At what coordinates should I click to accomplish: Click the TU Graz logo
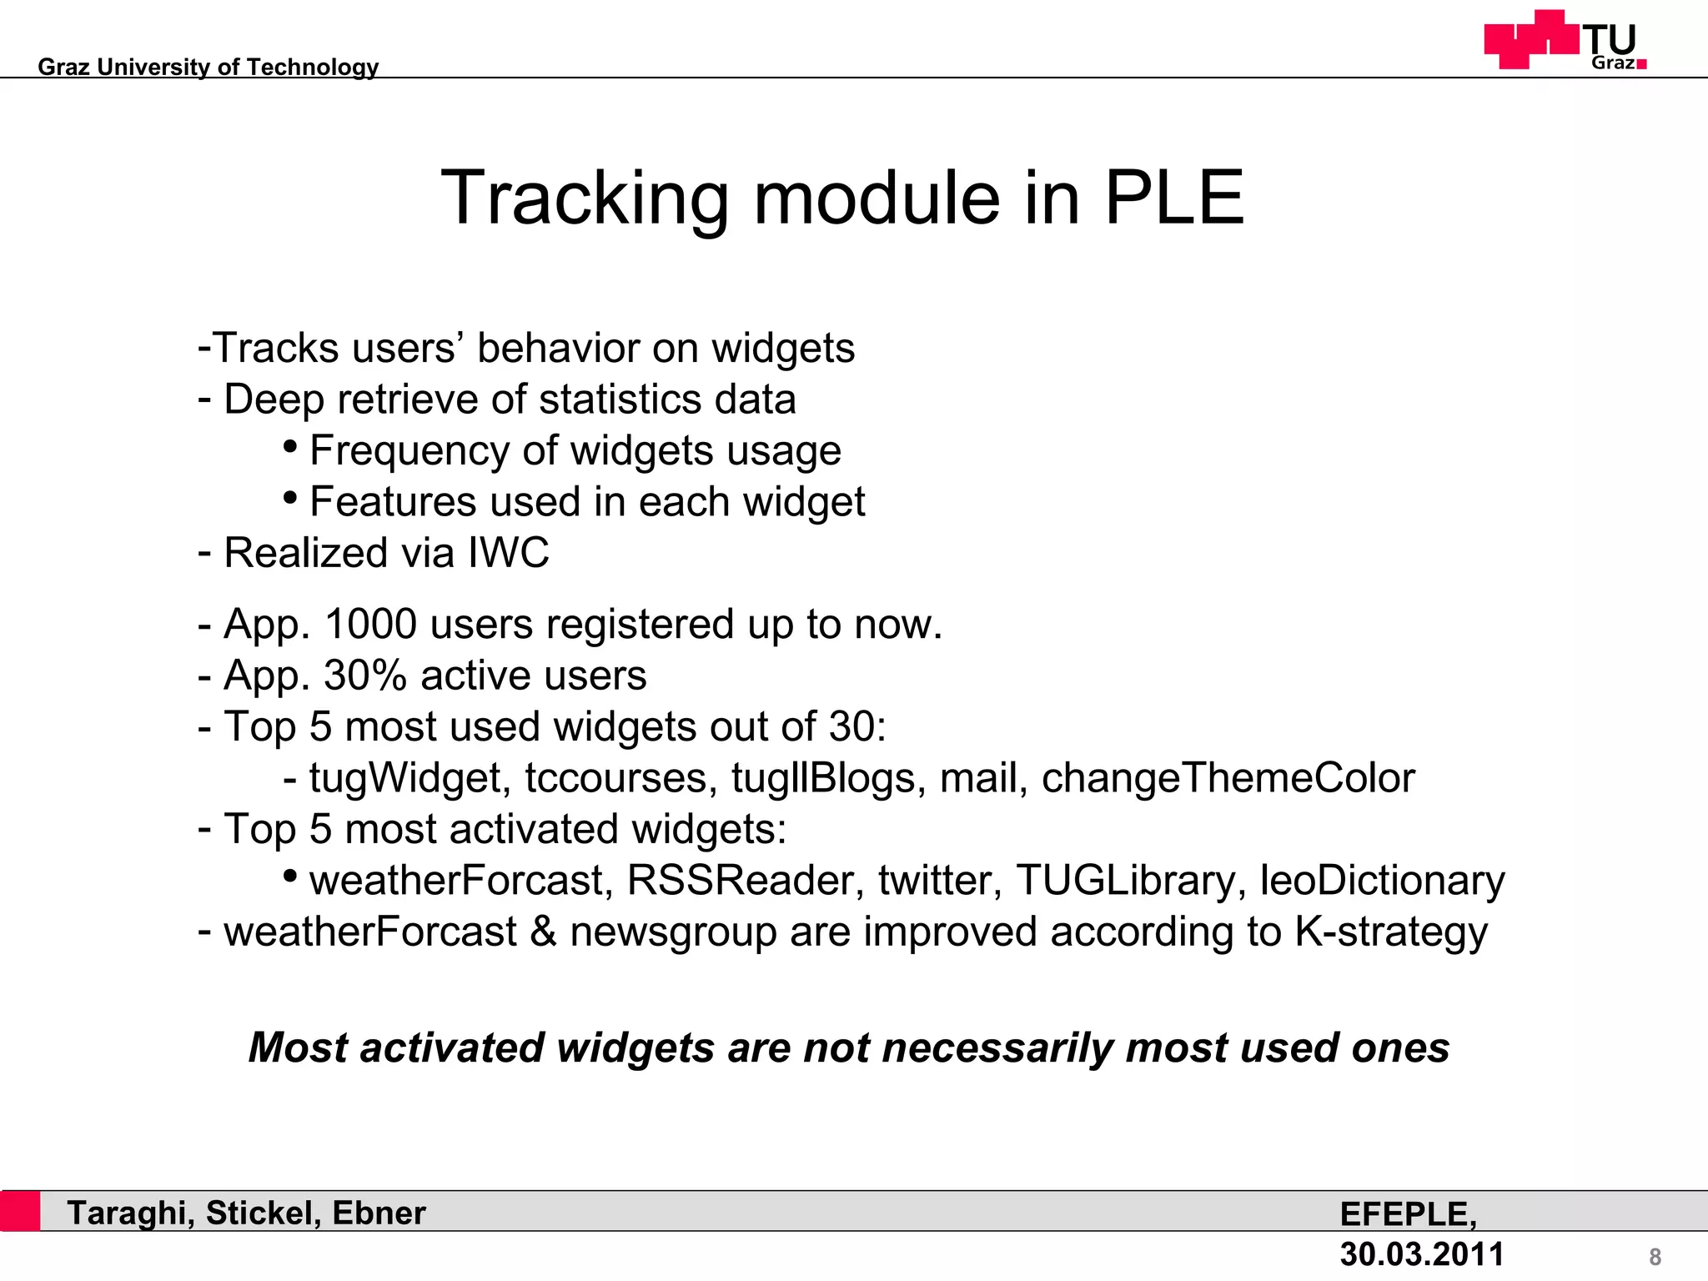(1565, 40)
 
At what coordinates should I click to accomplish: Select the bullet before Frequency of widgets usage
(290, 446)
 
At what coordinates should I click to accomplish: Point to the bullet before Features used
(290, 498)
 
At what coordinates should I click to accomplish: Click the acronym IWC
(509, 552)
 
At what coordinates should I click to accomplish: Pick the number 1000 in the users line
(370, 624)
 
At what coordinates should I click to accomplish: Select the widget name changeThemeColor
(1228, 778)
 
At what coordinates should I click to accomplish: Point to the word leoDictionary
(1382, 881)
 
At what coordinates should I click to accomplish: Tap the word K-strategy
(1390, 932)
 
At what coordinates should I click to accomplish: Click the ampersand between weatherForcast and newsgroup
(543, 932)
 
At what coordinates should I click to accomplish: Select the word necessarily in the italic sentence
(997, 1048)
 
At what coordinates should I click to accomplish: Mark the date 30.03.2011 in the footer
(1421, 1253)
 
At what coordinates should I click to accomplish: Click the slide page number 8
(1655, 1257)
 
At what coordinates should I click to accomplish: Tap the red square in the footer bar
(20, 1211)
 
